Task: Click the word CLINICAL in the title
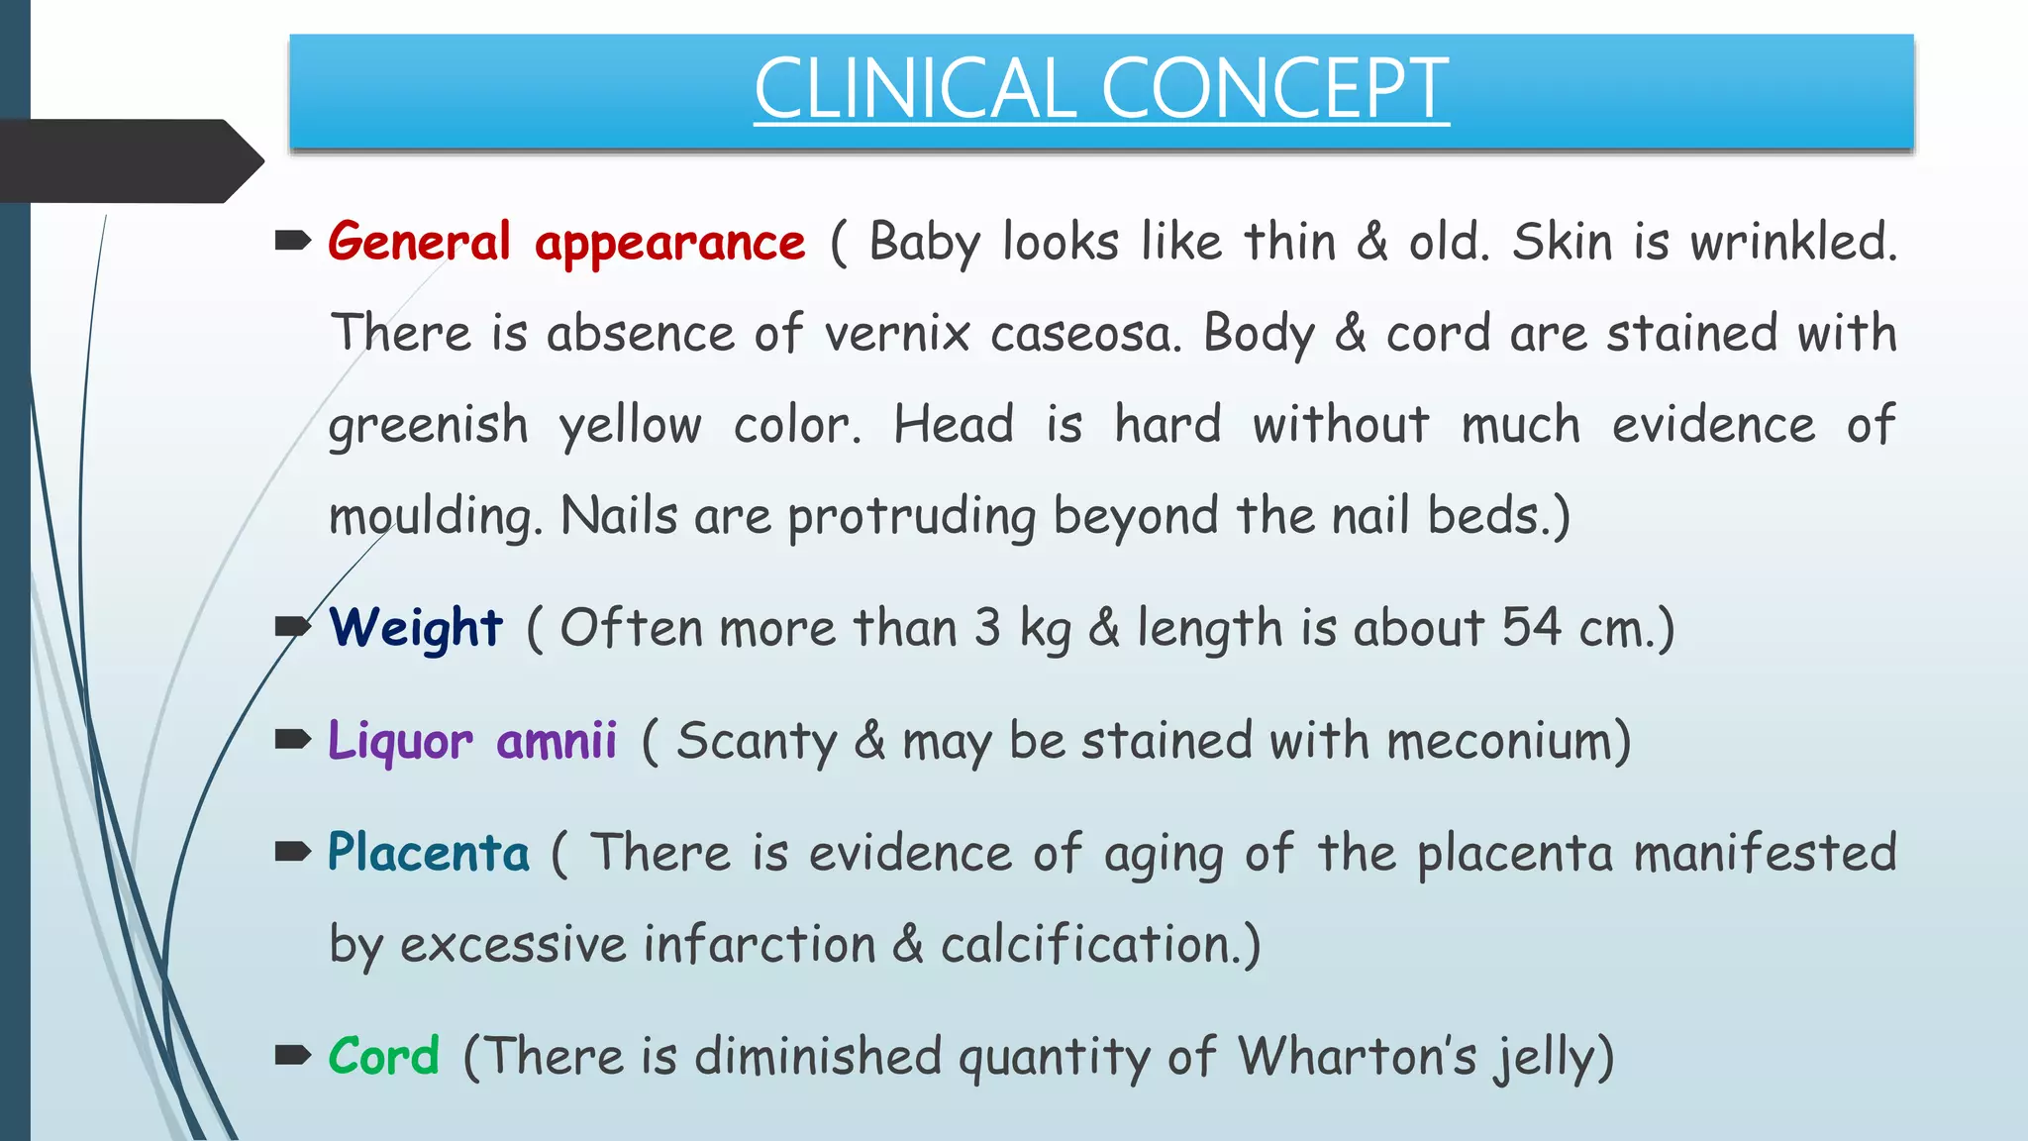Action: click(913, 89)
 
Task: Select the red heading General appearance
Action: click(566, 242)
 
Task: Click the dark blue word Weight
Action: click(416, 628)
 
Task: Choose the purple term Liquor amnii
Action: click(472, 741)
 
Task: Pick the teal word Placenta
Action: click(429, 853)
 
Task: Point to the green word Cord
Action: click(384, 1056)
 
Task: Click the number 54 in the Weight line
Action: click(1531, 628)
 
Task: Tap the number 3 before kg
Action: click(987, 628)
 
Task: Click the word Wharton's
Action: click(1357, 1056)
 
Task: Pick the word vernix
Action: click(897, 334)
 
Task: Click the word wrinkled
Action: click(1793, 242)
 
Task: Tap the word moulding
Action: click(435, 517)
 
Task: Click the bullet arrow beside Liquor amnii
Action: click(293, 739)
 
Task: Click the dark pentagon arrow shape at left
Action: click(129, 161)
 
